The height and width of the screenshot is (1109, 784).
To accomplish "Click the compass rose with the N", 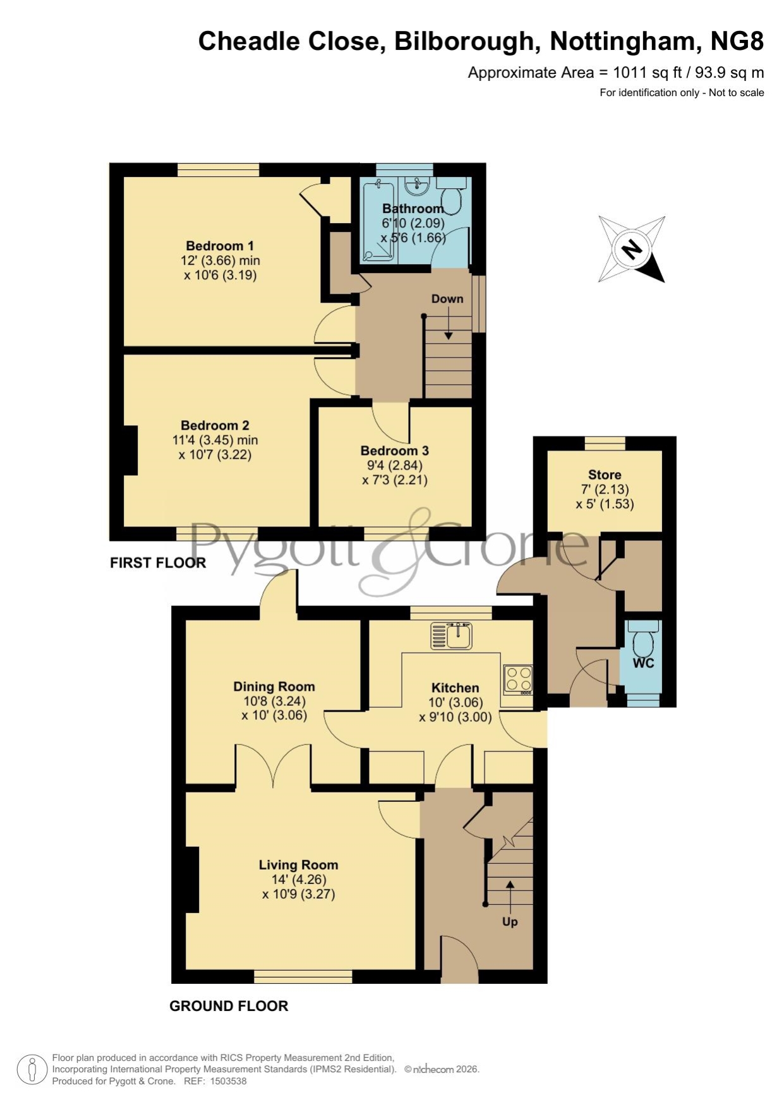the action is coord(632,249).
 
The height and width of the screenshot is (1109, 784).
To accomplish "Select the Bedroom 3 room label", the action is coord(395,451).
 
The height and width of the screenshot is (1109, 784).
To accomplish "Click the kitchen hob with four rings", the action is coord(518,680).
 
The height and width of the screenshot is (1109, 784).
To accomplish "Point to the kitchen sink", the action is coord(451,636).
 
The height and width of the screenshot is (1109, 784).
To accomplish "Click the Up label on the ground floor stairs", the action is coord(510,922).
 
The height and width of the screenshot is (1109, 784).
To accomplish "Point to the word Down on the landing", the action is coord(447,299).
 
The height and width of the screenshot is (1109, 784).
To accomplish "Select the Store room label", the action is coord(605,475).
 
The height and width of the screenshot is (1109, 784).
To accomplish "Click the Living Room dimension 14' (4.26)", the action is coord(299,880).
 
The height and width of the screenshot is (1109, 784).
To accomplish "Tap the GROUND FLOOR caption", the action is coord(229,1006).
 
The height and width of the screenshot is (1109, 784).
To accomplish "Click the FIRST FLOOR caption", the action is coord(158,562).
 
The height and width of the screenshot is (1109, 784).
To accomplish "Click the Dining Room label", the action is coord(274,687).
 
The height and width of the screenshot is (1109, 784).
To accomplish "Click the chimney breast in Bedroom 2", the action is coord(130,451).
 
